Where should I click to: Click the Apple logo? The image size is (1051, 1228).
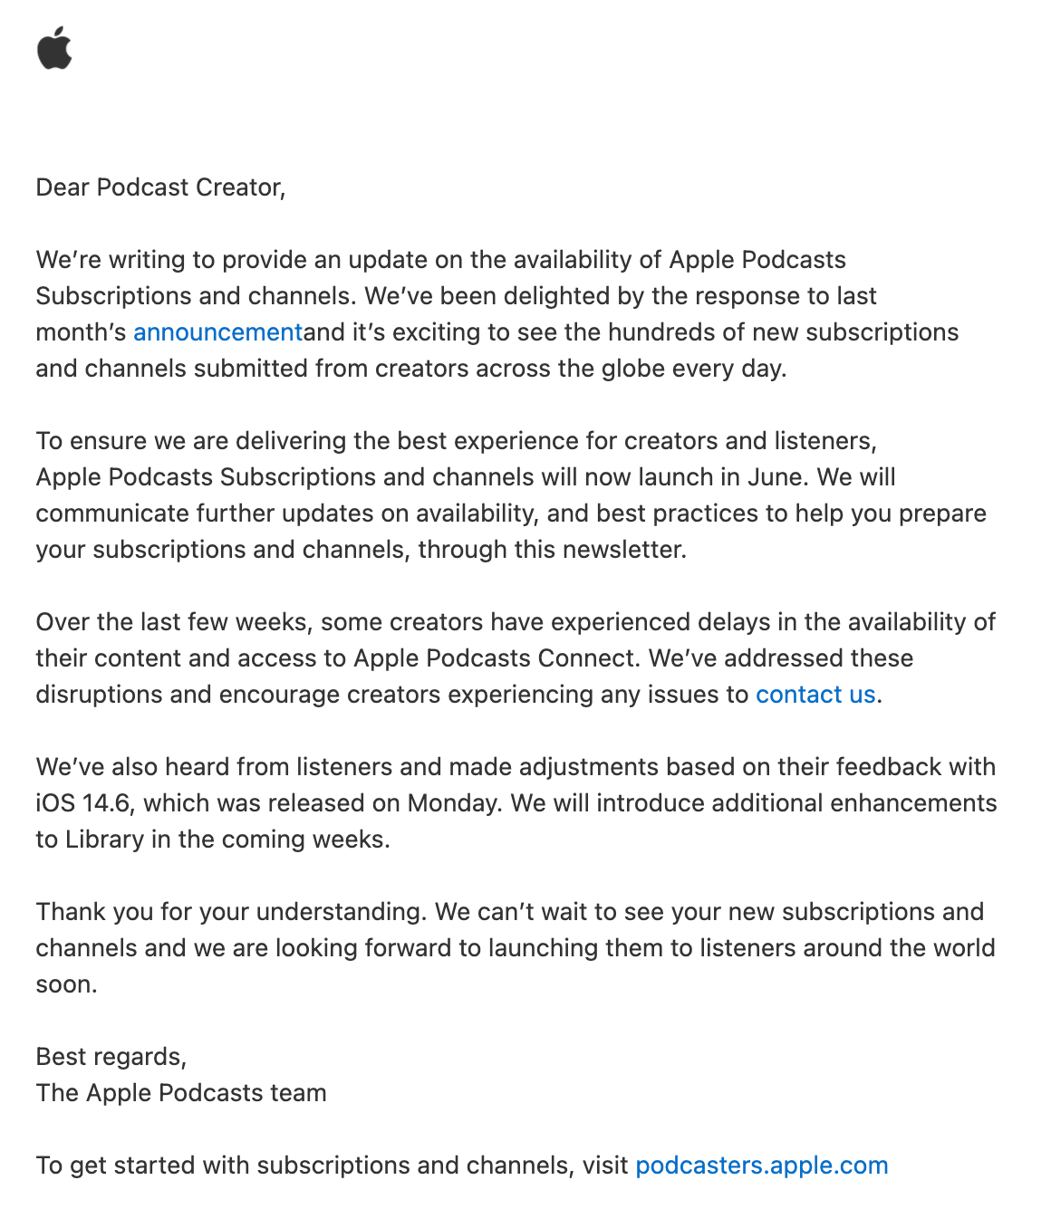(x=54, y=48)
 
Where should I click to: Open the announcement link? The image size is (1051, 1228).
(x=217, y=332)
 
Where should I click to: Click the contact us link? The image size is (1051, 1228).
(x=815, y=695)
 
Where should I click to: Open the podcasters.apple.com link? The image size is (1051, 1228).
(x=761, y=1166)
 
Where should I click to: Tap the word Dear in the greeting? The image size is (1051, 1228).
(x=63, y=187)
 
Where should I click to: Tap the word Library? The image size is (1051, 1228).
(x=104, y=839)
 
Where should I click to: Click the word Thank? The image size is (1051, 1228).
(x=68, y=912)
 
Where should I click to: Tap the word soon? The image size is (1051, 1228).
(x=65, y=984)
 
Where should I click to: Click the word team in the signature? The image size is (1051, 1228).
(x=297, y=1093)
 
